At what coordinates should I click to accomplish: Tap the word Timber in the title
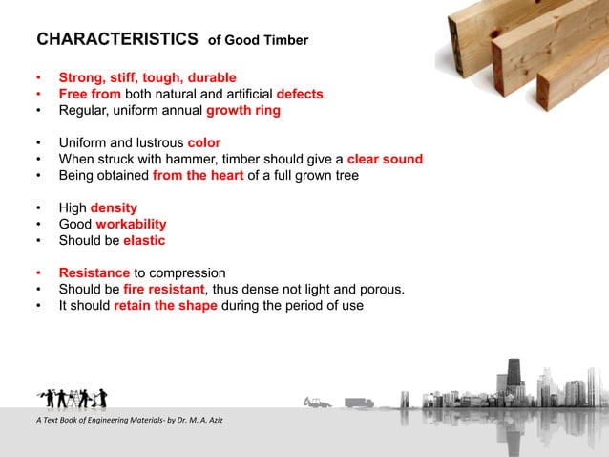[287, 42]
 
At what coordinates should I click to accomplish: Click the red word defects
[300, 94]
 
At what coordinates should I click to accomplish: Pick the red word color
[204, 142]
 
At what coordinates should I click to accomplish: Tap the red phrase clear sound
[385, 159]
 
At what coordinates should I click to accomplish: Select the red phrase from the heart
[196, 175]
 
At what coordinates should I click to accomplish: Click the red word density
[114, 207]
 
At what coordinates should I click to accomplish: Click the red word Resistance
[94, 272]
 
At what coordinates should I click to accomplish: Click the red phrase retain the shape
[165, 305]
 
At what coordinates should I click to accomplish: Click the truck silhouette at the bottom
[360, 403]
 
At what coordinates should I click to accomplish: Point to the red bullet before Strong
[38, 77]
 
